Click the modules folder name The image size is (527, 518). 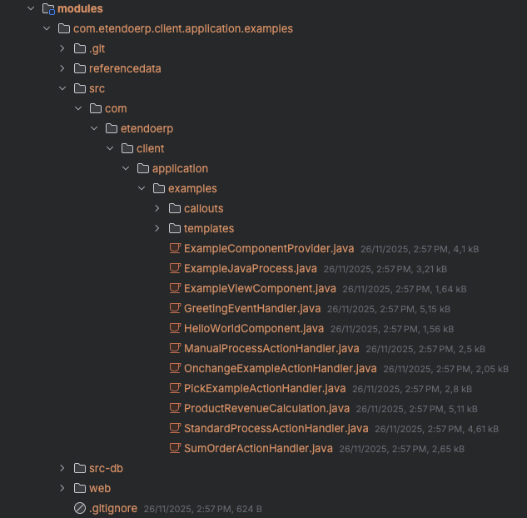pos(80,8)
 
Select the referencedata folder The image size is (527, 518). pos(125,68)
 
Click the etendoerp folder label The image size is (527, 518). pos(147,128)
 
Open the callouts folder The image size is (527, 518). pos(203,208)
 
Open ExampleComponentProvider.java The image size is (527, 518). pos(269,248)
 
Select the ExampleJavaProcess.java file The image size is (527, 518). pos(250,268)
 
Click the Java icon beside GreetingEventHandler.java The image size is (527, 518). pos(175,308)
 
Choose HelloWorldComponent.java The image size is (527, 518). pos(253,328)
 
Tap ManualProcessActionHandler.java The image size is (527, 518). pos(271,348)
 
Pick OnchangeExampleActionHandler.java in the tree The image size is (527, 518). pos(280,368)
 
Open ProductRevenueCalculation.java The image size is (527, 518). pos(266,408)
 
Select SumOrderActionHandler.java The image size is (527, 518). pos(258,448)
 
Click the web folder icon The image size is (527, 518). pos(80,488)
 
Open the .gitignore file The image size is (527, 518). pos(112,508)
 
